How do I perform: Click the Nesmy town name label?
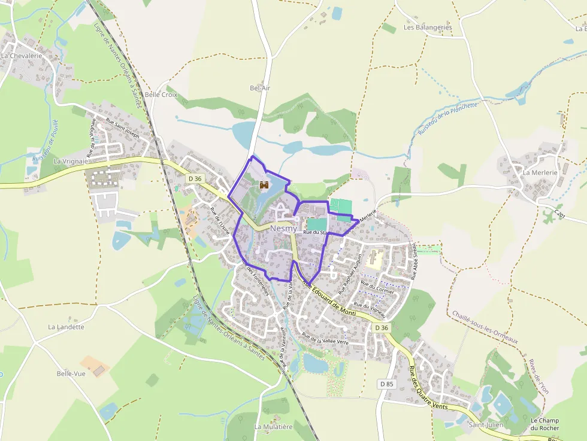(x=283, y=229)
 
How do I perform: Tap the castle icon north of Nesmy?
(x=264, y=186)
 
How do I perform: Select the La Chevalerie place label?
(x=21, y=56)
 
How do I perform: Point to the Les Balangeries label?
(x=428, y=28)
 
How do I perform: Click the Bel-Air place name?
(x=260, y=88)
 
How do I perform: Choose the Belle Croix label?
(x=161, y=95)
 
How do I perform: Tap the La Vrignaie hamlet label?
(x=71, y=161)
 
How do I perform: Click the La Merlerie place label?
(x=540, y=172)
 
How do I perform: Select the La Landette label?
(x=66, y=327)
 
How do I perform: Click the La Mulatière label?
(x=273, y=427)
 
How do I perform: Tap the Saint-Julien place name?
(x=485, y=425)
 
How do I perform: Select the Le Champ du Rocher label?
(x=544, y=424)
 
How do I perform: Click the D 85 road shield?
(x=388, y=383)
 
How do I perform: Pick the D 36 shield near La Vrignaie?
(x=195, y=178)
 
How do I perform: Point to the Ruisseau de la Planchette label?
(x=449, y=118)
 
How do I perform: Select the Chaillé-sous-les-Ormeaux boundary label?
(x=485, y=327)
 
